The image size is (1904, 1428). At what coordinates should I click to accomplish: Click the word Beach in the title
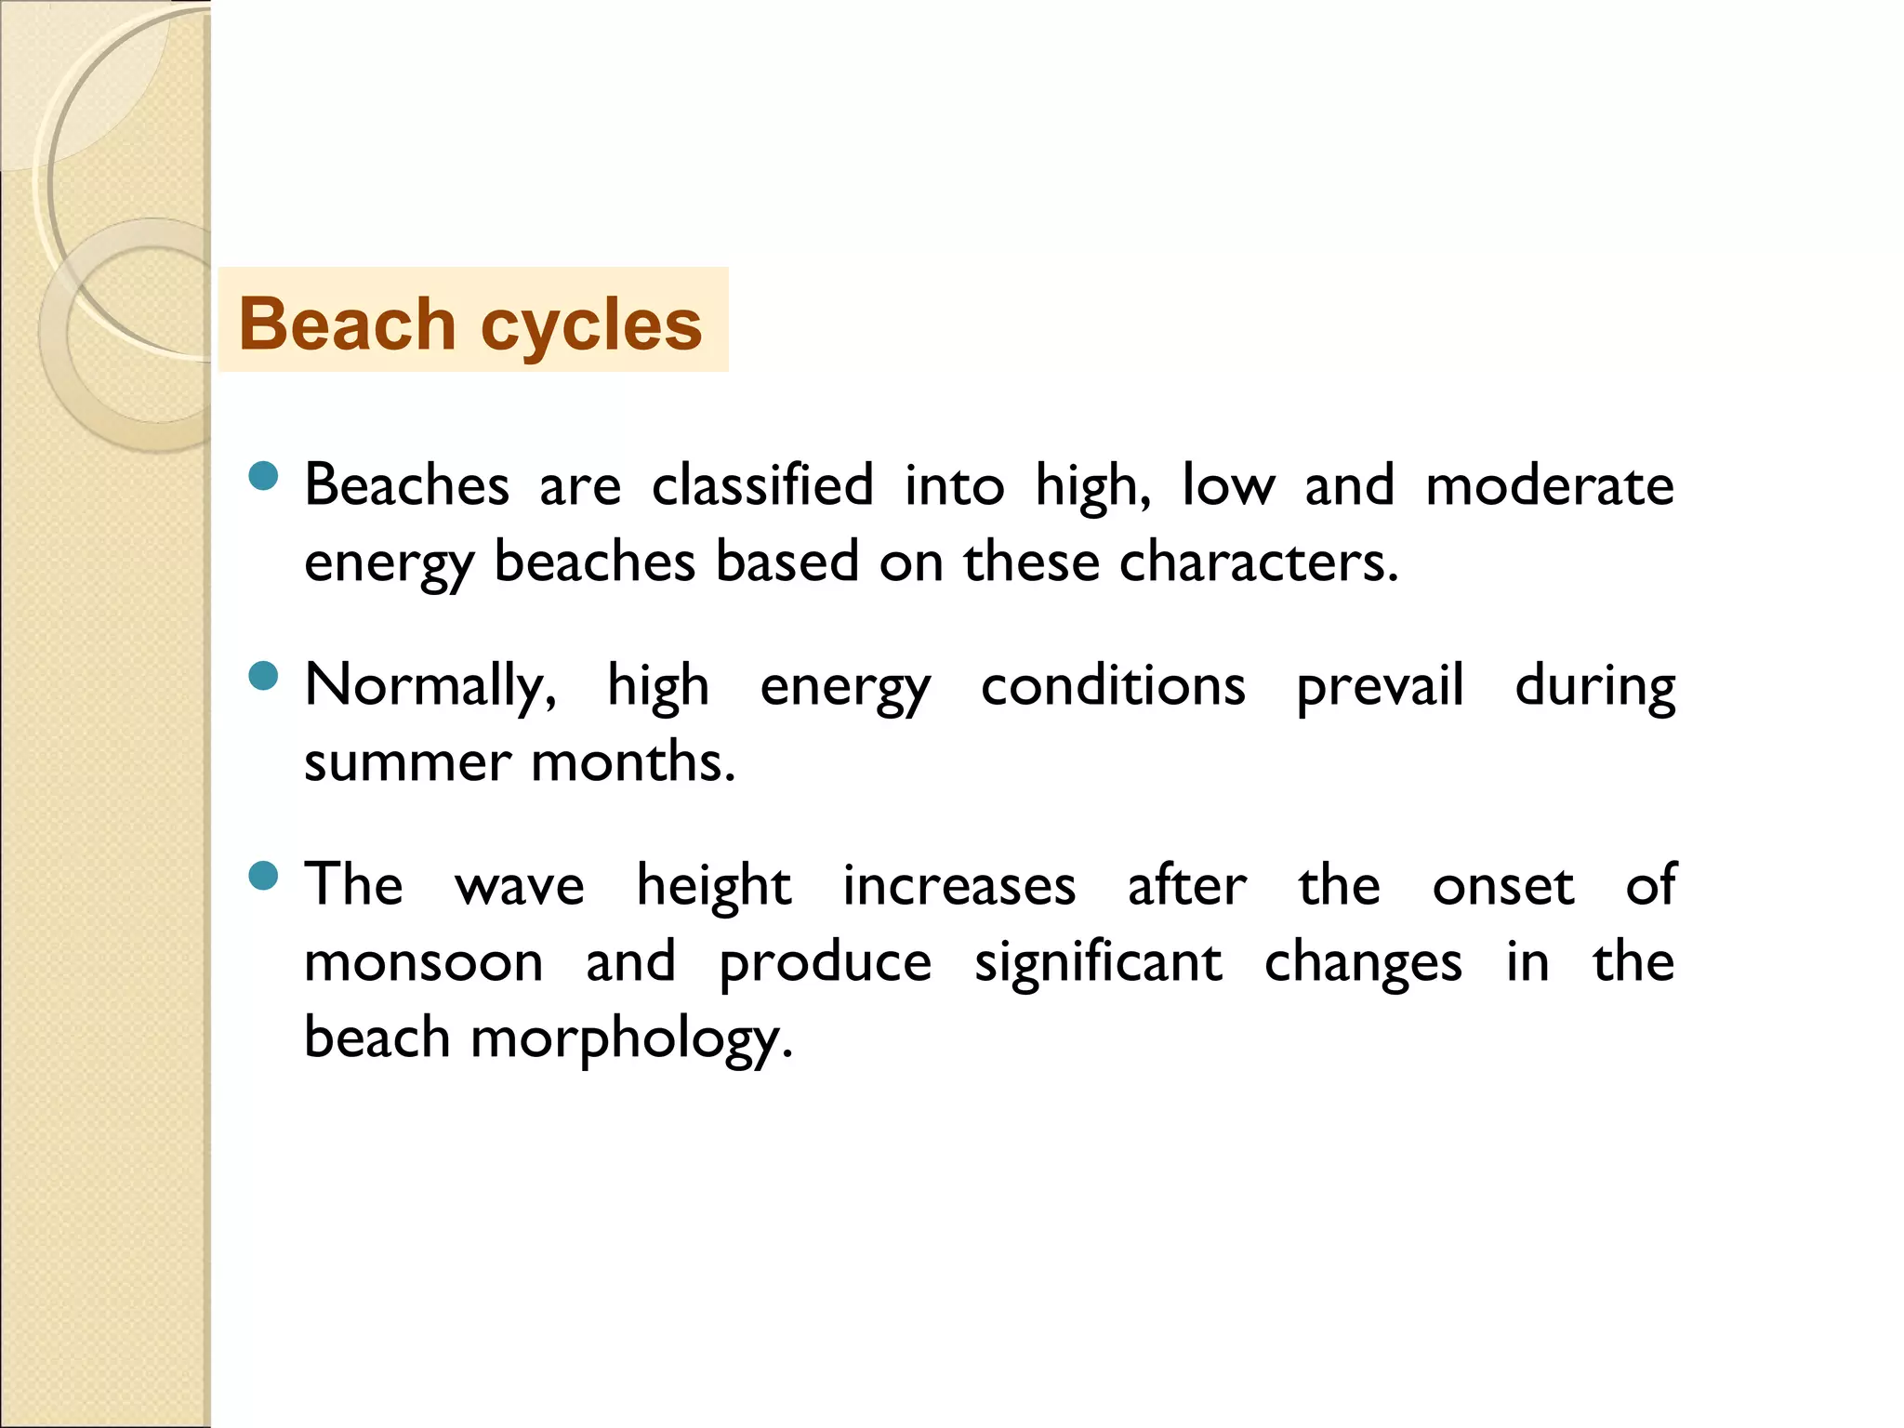[347, 324]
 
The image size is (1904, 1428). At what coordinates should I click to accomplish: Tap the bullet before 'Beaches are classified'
[264, 476]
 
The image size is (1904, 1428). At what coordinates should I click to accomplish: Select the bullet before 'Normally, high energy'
[264, 676]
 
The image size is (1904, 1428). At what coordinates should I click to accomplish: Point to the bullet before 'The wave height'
[264, 876]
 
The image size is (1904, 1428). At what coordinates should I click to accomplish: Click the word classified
[762, 485]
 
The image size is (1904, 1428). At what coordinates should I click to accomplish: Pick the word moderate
[1550, 485]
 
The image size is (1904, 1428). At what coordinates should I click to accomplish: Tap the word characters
[1258, 562]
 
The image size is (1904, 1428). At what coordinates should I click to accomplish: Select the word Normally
[430, 686]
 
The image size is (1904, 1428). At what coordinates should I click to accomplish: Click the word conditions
[1113, 686]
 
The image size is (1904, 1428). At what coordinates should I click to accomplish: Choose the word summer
[407, 762]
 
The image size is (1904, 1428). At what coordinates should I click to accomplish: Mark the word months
[633, 762]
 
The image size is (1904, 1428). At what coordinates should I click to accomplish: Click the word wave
[520, 886]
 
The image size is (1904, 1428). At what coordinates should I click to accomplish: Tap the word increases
[959, 885]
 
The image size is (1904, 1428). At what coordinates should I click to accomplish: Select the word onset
[1503, 886]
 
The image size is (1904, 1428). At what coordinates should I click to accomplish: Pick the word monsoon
[424, 962]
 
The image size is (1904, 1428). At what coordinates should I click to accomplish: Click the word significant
[1098, 963]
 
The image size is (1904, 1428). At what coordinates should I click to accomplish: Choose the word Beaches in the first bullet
[407, 485]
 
